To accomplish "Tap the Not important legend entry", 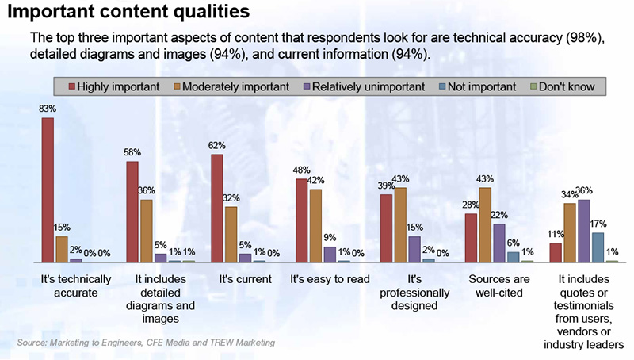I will click(475, 85).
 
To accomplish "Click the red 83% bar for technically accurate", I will click(48, 190).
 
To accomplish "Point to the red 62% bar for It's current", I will click(216, 208).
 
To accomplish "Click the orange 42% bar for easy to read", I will click(315, 225).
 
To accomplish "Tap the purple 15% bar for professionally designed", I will click(414, 248).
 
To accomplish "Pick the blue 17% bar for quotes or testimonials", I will click(598, 247).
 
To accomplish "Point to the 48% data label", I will click(301, 170).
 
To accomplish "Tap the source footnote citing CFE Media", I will click(146, 343).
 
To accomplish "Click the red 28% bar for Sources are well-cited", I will click(470, 237).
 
